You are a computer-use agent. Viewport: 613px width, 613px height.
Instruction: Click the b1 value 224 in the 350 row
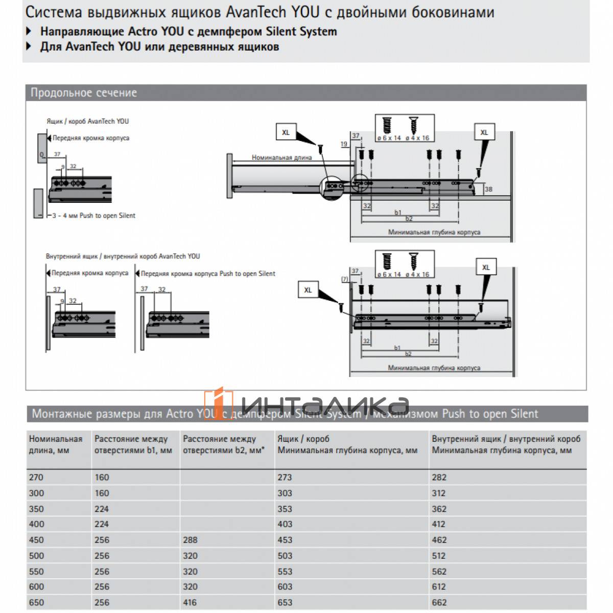point(102,509)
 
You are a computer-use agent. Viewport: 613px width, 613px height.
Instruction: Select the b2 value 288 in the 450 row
point(190,540)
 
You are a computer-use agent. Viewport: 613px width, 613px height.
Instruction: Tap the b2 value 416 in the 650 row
point(190,602)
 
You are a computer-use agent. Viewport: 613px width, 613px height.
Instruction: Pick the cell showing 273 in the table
point(285,478)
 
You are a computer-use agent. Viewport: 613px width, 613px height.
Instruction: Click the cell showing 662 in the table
point(439,602)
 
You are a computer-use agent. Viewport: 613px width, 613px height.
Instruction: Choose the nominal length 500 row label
point(36,556)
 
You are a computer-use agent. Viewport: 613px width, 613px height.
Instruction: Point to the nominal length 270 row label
point(36,478)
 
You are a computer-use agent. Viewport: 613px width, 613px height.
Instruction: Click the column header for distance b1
point(133,444)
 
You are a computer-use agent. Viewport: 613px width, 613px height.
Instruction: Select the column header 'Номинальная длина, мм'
point(56,444)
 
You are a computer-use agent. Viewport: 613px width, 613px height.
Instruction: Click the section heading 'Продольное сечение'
point(84,93)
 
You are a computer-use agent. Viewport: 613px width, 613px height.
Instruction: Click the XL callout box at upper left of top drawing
point(286,132)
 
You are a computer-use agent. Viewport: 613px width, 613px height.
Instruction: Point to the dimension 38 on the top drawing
point(488,189)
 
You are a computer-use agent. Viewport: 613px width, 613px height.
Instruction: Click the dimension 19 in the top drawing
point(344,144)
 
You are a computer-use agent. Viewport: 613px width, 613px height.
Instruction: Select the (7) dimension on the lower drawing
point(344,279)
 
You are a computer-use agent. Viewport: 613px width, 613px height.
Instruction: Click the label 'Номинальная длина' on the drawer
point(281,157)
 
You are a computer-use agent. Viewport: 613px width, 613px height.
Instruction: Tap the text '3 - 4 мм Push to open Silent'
point(94,216)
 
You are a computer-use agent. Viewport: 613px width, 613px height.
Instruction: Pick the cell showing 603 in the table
point(285,587)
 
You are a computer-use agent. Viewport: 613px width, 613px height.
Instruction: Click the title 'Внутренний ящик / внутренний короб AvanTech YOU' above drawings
point(123,256)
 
